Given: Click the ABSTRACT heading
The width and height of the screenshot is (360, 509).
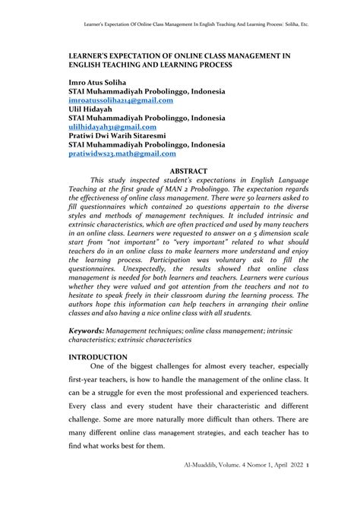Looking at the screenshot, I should (190, 172).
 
